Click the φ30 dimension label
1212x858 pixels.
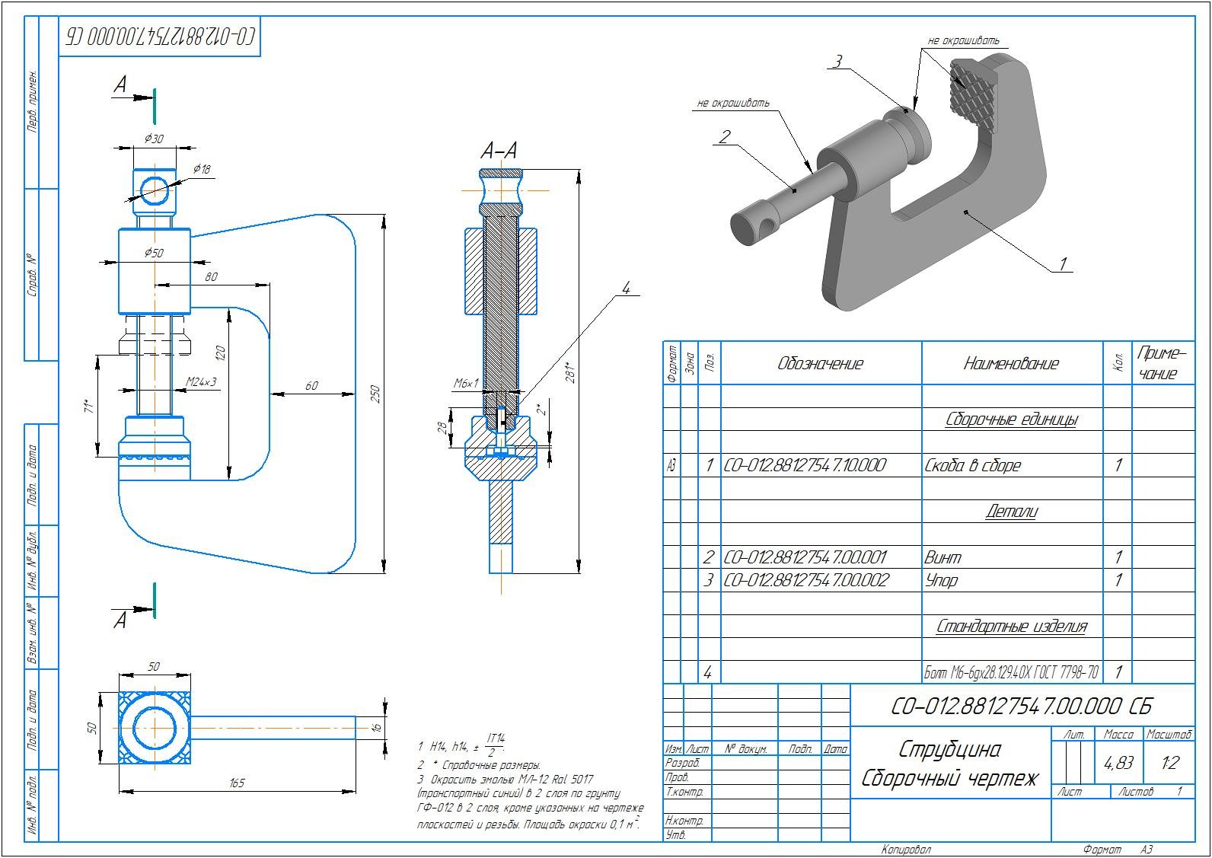click(154, 139)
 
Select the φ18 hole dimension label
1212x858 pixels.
click(202, 169)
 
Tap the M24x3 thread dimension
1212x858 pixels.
click(201, 381)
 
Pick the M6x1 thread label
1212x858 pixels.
click(466, 384)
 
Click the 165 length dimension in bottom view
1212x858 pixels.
click(237, 783)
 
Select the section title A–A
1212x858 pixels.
click(499, 151)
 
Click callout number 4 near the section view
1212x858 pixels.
click(626, 289)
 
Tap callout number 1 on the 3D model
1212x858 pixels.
click(1063, 264)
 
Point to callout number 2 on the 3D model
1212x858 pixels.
click(724, 136)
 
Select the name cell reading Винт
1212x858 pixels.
click(942, 557)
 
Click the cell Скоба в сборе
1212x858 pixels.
click(972, 465)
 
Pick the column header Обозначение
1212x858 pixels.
click(820, 363)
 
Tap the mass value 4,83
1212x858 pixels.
click(1118, 762)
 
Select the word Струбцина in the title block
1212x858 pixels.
click(949, 749)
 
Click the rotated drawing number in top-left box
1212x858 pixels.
click(160, 37)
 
